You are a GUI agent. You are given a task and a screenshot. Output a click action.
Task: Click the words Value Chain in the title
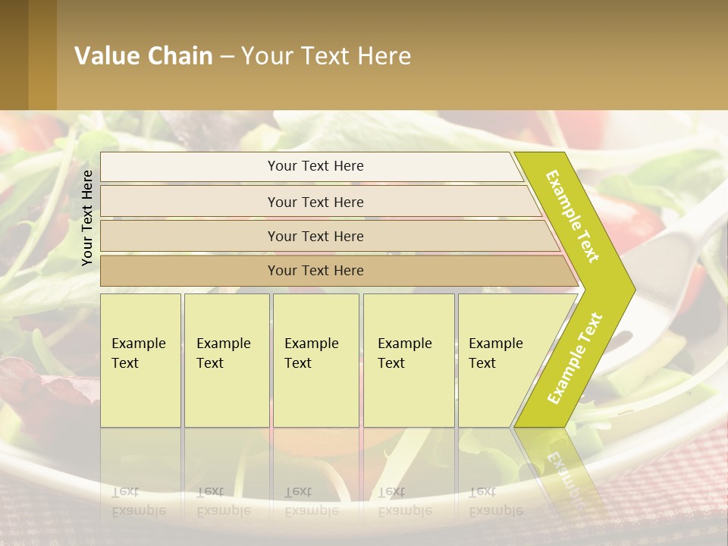(x=143, y=56)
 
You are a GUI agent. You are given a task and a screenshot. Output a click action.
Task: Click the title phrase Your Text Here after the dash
(x=326, y=56)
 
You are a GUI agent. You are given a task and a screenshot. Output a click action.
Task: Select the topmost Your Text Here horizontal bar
(x=315, y=166)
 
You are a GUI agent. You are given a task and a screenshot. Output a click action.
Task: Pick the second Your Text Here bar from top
(x=315, y=202)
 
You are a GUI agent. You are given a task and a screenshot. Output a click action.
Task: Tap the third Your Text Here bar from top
(x=315, y=236)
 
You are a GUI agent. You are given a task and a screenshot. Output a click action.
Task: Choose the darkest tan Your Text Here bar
(x=315, y=271)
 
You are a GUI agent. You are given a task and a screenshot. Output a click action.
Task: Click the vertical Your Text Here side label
(x=87, y=218)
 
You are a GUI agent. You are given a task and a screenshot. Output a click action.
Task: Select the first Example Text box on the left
(x=140, y=360)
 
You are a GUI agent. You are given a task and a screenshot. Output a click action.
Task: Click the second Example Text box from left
(x=226, y=360)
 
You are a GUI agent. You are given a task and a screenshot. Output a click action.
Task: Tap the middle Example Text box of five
(x=315, y=360)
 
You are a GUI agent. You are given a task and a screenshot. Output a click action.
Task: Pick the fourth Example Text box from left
(x=408, y=360)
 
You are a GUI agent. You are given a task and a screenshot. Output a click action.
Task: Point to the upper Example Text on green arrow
(x=573, y=216)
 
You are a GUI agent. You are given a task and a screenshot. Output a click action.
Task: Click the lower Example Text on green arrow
(x=575, y=358)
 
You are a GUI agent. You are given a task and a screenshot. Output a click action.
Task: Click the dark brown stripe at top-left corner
(x=14, y=55)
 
